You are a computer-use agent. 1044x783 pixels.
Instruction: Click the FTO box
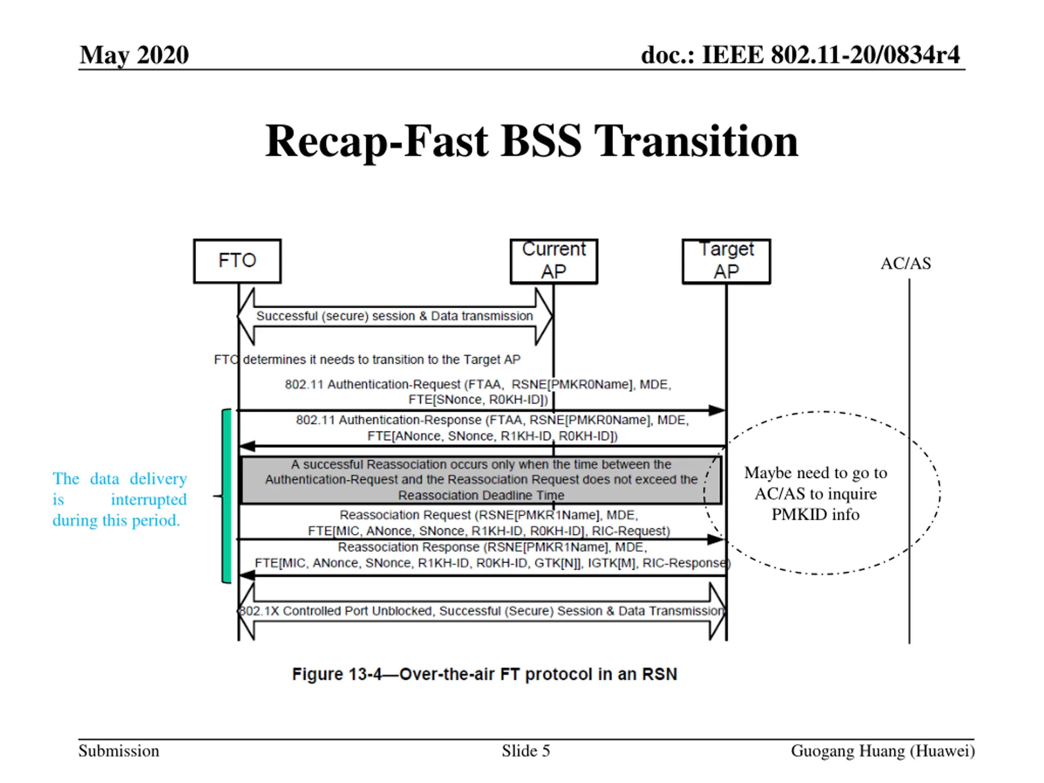pos(237,261)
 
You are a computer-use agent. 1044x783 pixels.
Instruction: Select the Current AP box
pos(554,261)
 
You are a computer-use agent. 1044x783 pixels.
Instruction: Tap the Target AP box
pos(726,261)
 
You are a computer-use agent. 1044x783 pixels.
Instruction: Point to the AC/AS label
pos(905,263)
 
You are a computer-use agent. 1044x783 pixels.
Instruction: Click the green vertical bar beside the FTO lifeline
pos(227,495)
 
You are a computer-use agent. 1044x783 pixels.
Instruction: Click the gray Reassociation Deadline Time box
pos(480,480)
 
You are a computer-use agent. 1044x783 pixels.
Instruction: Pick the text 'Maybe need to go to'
pos(816,472)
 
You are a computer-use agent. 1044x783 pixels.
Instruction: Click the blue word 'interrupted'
pos(149,499)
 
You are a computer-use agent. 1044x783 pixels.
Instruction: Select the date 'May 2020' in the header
pos(134,55)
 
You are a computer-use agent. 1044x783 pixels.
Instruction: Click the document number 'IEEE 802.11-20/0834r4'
pos(831,55)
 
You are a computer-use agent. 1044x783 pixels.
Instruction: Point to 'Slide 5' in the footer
pos(526,751)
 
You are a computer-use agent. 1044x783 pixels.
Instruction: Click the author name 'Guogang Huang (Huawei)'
pos(883,751)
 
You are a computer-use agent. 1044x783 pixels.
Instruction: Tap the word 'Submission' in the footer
pos(119,751)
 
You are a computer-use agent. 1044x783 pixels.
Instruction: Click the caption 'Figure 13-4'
pos(336,674)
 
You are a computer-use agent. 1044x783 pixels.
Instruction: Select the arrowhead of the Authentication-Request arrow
pos(717,411)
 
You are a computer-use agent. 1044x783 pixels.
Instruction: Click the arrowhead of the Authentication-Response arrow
pos(247,446)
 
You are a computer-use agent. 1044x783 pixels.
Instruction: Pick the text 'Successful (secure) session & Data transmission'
pos(395,316)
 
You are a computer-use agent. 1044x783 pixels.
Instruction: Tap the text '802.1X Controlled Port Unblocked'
pos(335,611)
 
